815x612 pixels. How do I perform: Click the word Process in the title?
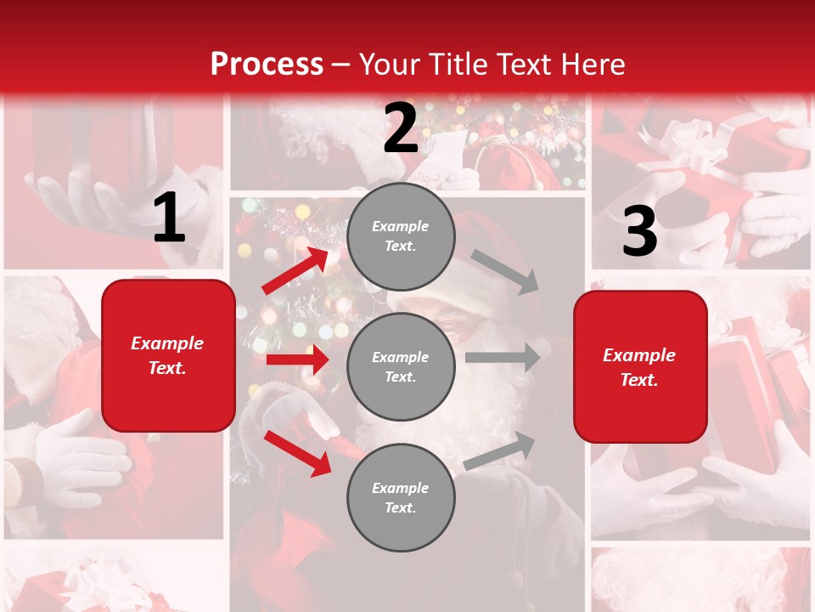pos(267,64)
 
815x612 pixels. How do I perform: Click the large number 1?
pos(169,218)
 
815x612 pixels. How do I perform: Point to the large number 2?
pos(401,129)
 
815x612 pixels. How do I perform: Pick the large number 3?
pos(639,232)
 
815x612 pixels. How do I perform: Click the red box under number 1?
pos(168,355)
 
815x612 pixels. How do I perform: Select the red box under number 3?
pos(640,367)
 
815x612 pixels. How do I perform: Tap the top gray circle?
pos(401,236)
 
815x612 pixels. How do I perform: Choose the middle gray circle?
pos(401,366)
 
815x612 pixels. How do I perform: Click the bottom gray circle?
pos(401,497)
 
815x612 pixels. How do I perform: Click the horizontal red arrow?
pos(297,360)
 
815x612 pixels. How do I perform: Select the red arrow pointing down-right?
pos(297,452)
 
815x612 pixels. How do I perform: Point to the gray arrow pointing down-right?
pos(506,271)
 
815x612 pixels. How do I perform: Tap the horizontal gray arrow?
pos(503,357)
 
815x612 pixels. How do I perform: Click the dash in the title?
pos(341,65)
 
